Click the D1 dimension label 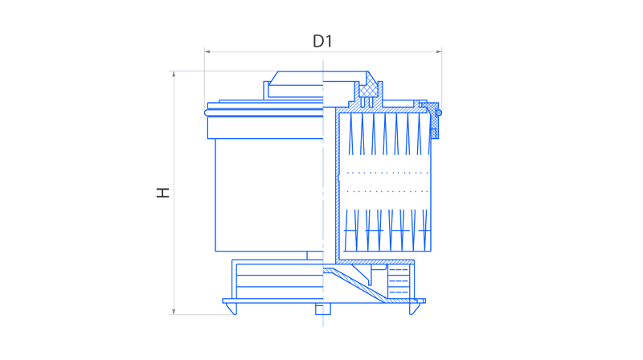tap(322, 41)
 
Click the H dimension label tap(163, 193)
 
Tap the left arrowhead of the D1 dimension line tap(207, 51)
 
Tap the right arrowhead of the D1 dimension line tap(439, 51)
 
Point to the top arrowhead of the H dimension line tap(174, 74)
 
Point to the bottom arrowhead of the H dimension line tap(174, 312)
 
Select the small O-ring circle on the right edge tap(439, 112)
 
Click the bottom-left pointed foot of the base tap(232, 309)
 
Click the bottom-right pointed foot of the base tap(414, 309)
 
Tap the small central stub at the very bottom tap(323, 309)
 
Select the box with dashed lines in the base tap(398, 281)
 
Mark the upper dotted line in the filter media tap(387, 173)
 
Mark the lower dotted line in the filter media tap(387, 191)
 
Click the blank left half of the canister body tap(268, 194)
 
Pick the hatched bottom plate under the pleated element tap(376, 262)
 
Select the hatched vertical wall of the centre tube tap(338, 185)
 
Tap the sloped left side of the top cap tap(273, 78)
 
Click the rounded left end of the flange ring tap(206, 112)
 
